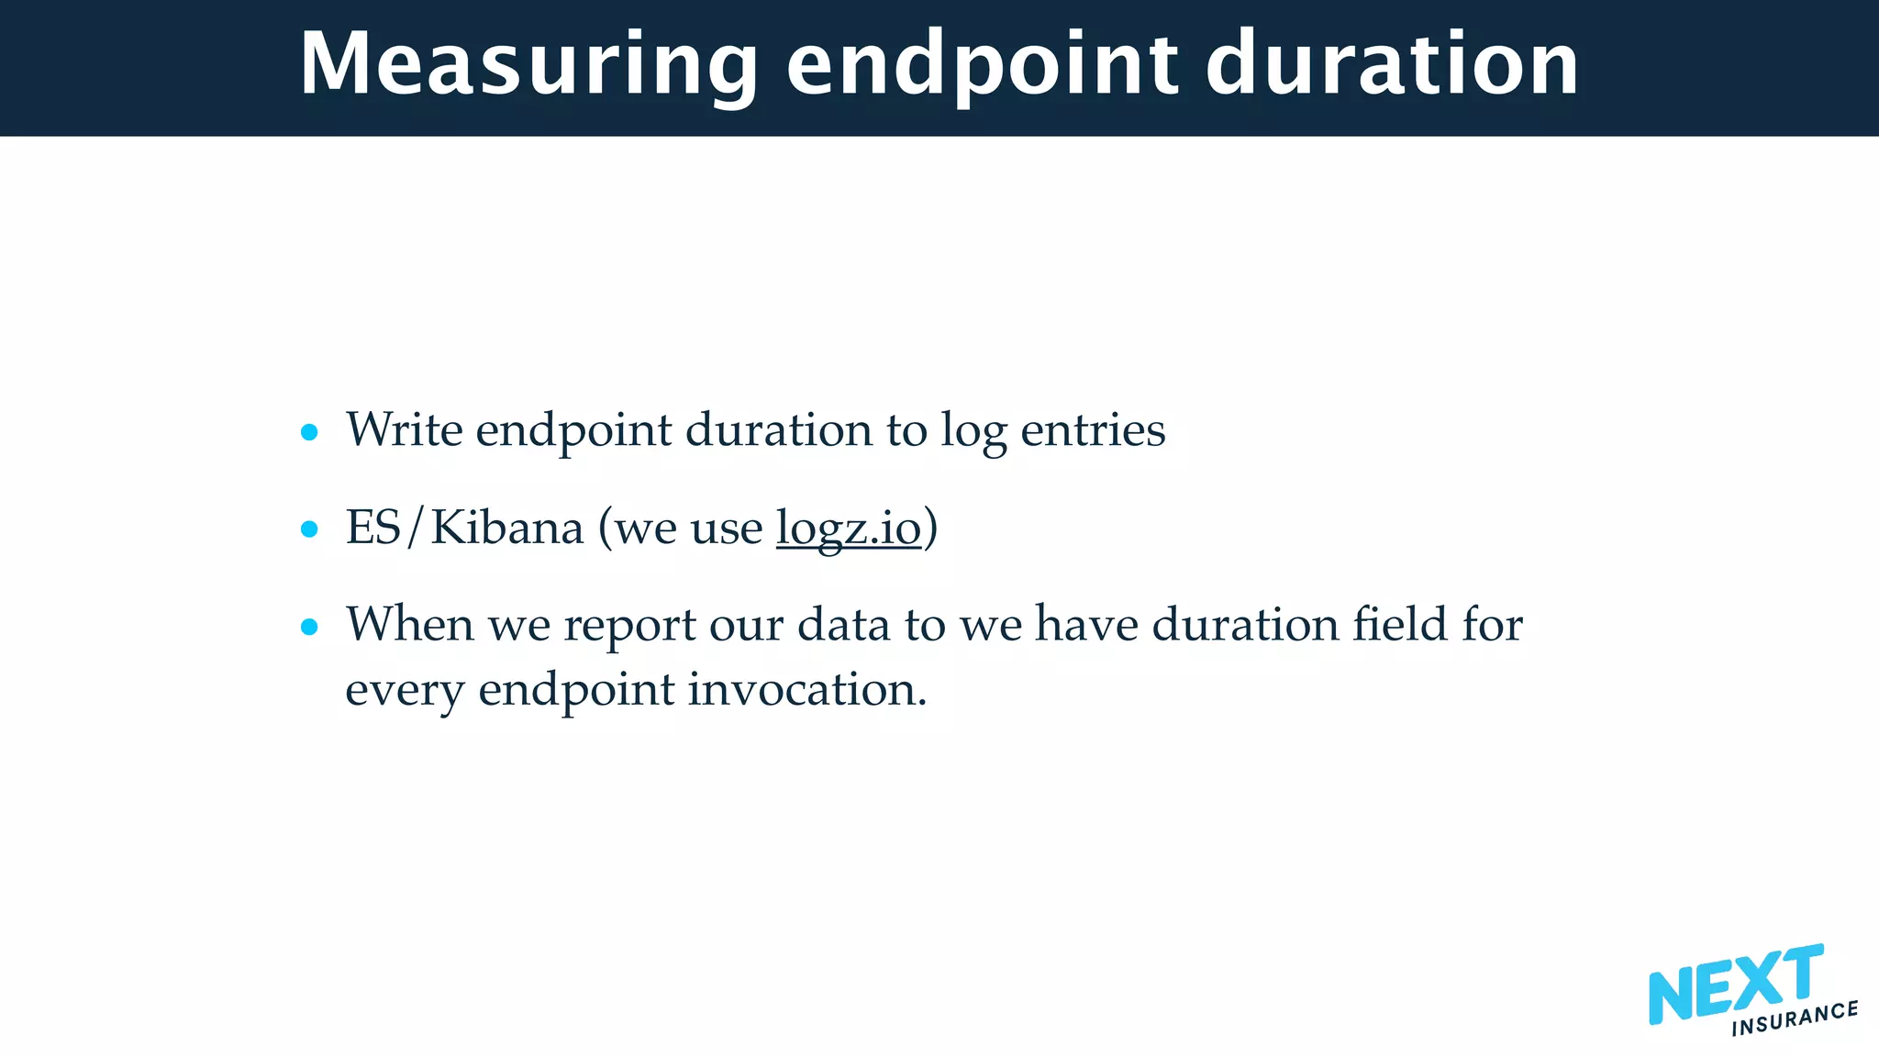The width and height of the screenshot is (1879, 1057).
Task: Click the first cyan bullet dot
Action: point(309,432)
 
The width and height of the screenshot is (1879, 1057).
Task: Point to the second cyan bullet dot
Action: point(309,529)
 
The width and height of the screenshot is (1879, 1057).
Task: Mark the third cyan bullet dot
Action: point(309,628)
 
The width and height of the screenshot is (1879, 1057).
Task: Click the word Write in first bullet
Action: point(404,429)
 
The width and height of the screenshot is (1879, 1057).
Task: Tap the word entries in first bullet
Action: point(1092,429)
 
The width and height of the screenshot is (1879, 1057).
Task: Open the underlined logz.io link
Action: point(848,528)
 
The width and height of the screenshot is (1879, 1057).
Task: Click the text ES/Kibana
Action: point(464,528)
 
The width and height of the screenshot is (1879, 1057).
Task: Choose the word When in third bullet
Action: point(409,625)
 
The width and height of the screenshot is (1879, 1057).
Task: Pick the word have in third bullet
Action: point(1087,625)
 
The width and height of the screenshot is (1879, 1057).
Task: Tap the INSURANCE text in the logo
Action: point(1795,1018)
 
